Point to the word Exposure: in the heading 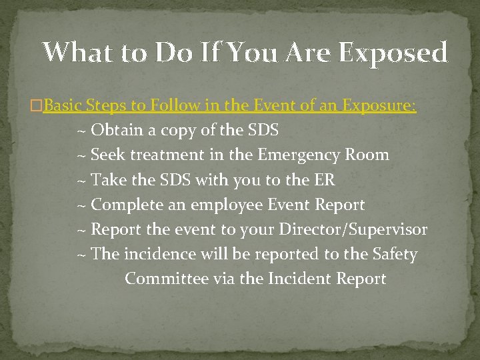click(x=379, y=105)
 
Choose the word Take click(x=107, y=180)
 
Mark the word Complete click(x=129, y=205)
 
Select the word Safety click(x=395, y=255)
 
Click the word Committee click(x=167, y=279)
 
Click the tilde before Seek click(x=81, y=155)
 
